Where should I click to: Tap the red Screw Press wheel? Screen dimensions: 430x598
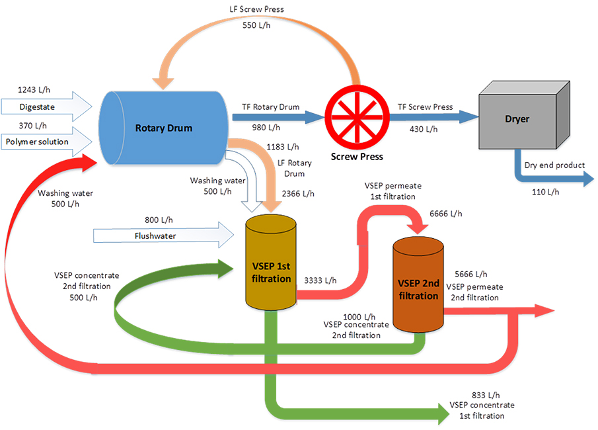pos(357,116)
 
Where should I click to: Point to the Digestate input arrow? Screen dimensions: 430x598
pos(46,105)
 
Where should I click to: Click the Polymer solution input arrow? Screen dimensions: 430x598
pos(46,141)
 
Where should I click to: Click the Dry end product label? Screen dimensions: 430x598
pos(554,165)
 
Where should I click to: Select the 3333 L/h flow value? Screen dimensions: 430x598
pos(320,280)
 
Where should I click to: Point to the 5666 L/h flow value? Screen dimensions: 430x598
pos(471,274)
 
